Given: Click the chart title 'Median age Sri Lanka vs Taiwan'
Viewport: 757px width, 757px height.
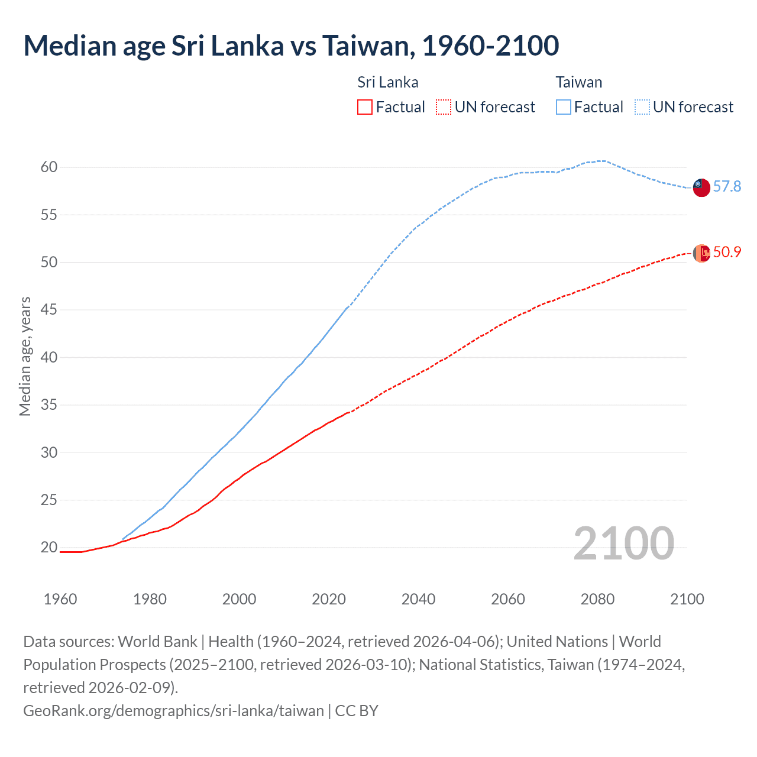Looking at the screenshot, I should coord(291,46).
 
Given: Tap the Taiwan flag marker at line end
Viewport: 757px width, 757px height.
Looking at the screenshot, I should coord(701,187).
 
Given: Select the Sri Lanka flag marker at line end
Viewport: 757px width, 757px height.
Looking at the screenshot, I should coord(701,253).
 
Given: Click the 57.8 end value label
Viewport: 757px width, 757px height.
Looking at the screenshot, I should coord(727,187).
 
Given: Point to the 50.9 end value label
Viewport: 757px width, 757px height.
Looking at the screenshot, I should coord(727,253).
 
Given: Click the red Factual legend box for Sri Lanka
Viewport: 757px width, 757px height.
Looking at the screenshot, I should coord(365,107).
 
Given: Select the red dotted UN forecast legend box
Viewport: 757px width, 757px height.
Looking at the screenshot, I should coord(444,107).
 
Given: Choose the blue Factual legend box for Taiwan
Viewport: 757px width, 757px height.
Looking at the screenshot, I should coord(564,107).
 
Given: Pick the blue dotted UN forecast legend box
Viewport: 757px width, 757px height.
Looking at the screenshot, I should coord(642,107).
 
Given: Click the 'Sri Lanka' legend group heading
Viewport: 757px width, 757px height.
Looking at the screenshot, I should coord(387,82).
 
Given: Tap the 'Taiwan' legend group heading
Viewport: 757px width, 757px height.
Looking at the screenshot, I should coord(578,82).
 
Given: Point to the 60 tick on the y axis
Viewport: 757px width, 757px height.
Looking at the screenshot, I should coord(49,167).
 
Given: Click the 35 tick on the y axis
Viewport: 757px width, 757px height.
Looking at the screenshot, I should coord(49,405).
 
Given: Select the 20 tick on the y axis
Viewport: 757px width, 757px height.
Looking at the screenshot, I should coord(49,548).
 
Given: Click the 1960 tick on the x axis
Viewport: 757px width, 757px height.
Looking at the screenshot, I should coord(60,599).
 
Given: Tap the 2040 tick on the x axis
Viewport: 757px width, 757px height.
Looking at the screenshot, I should coord(418,599).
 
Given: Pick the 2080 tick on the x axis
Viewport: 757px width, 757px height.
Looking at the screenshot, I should coord(597,599).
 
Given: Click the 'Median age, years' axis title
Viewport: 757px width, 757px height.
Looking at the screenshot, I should coord(25,357).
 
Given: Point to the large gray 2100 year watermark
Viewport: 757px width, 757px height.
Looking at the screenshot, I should coord(623,544).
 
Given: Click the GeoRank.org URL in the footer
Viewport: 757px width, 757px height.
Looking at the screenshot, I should coord(173,710).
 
